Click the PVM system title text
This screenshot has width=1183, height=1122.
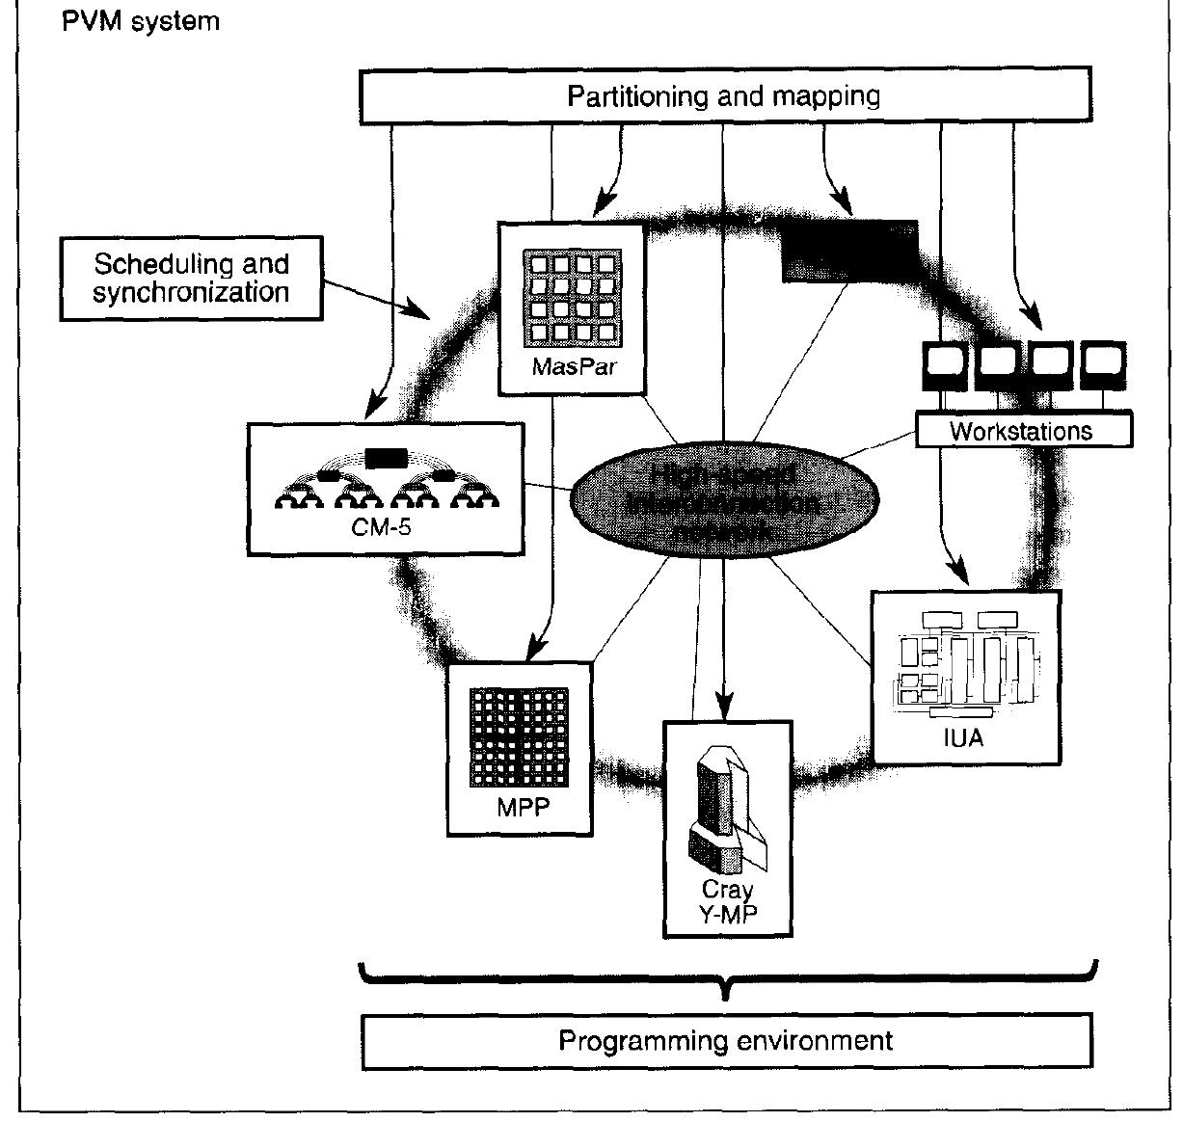click(x=141, y=20)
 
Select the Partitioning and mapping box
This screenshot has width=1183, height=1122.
click(x=724, y=95)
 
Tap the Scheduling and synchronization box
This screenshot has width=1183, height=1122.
click(x=191, y=279)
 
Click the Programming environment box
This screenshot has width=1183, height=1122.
click(x=726, y=1041)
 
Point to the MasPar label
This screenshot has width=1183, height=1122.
click(x=574, y=367)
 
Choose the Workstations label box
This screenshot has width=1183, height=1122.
click(x=1022, y=431)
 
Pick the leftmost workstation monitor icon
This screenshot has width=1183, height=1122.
click(x=945, y=366)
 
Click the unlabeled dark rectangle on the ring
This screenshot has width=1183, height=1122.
click(x=848, y=250)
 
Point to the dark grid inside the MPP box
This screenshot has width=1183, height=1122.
click(x=519, y=737)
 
